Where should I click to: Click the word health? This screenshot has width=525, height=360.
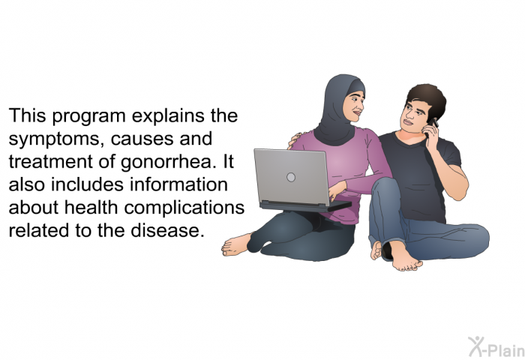pos(91,207)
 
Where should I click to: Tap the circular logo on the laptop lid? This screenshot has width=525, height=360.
pos(291,177)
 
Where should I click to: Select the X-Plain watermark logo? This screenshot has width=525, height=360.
pos(496,347)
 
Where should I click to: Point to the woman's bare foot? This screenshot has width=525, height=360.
pos(236,245)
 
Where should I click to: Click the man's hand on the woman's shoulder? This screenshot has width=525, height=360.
pos(295,140)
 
